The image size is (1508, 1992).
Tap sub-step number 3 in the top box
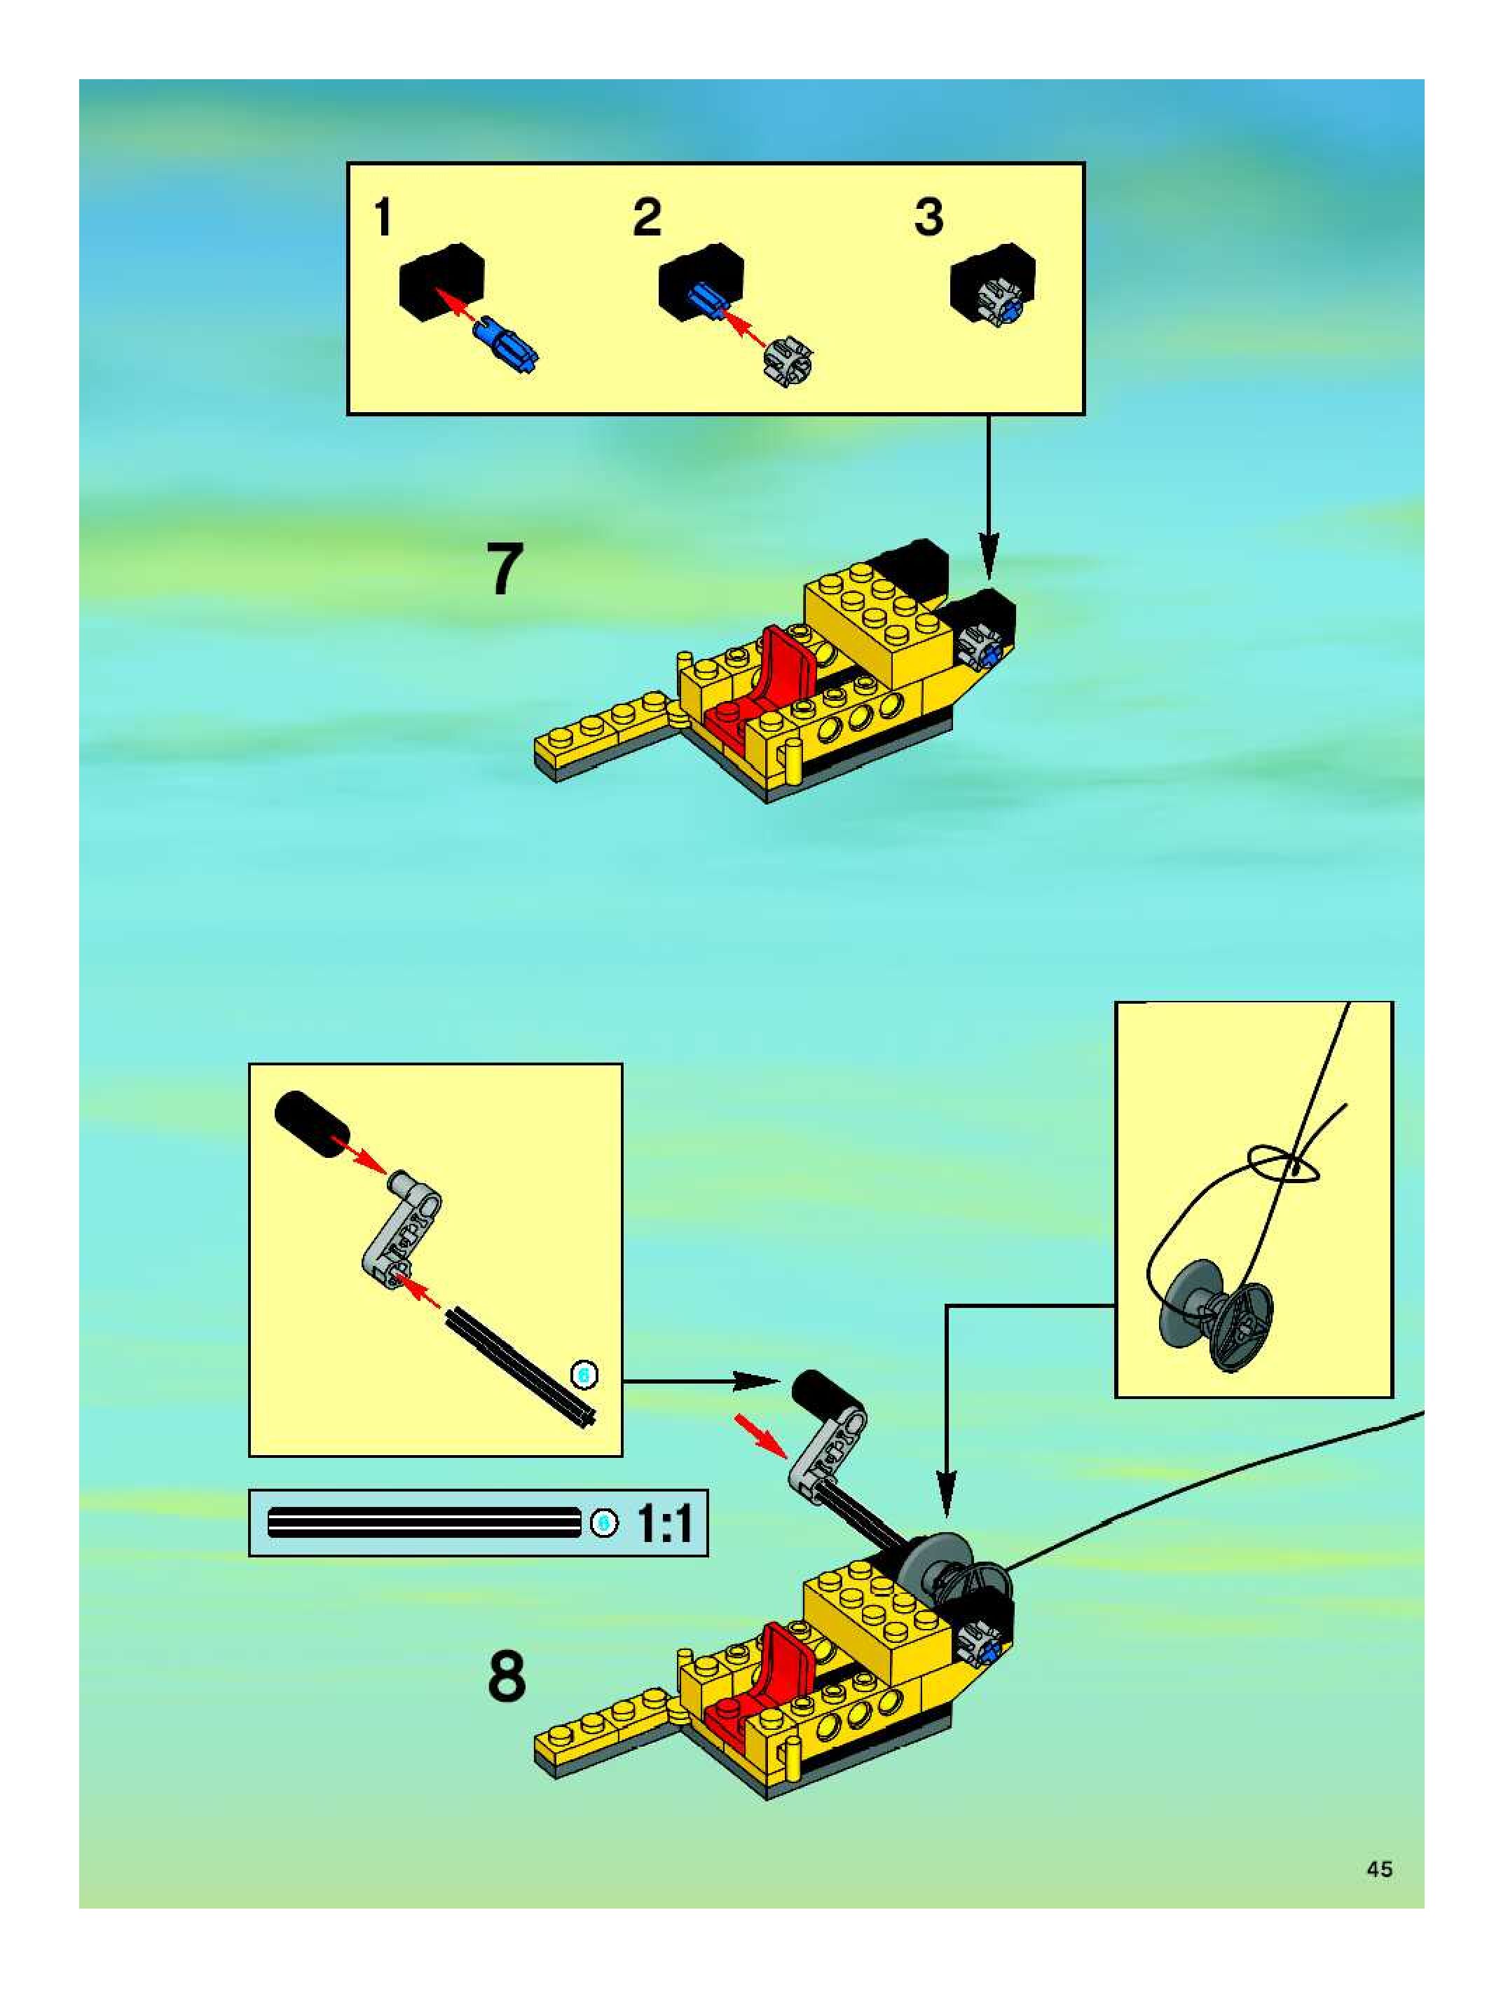coord(929,218)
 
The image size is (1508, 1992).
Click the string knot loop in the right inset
coord(1283,1166)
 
